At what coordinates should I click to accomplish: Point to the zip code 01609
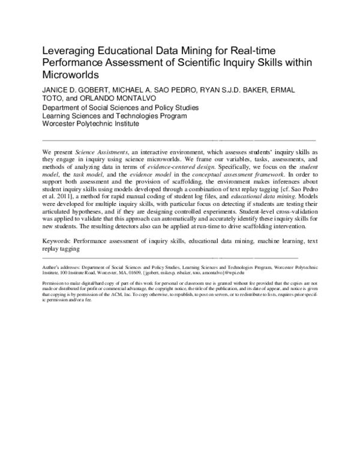147,288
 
